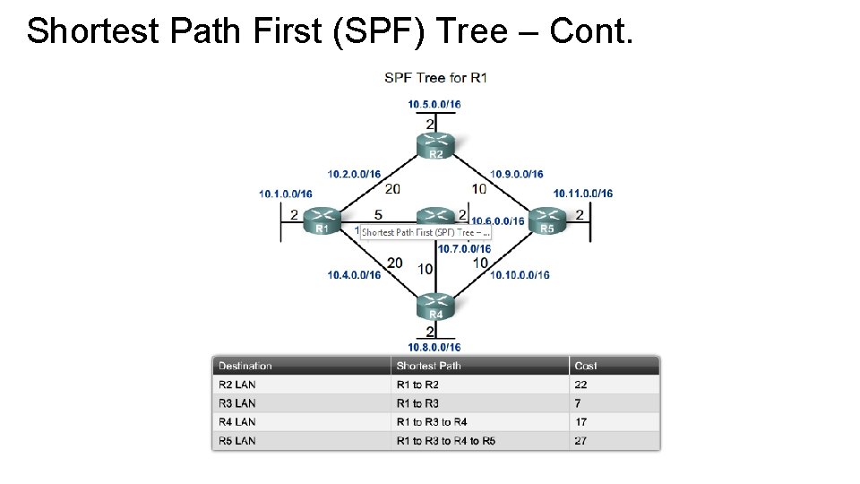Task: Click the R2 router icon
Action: click(435, 143)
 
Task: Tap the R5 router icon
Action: click(547, 220)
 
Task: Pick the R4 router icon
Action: click(435, 305)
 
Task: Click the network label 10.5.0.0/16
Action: click(434, 104)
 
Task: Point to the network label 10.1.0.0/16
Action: click(286, 194)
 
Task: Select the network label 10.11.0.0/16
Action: click(583, 194)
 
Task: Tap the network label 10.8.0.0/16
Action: click(434, 347)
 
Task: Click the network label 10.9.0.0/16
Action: click(517, 174)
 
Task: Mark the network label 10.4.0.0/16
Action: click(354, 275)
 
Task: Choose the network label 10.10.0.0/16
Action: click(520, 275)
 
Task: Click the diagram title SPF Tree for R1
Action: click(435, 78)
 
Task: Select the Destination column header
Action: click(245, 366)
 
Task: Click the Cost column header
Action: click(586, 366)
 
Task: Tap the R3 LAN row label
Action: click(237, 403)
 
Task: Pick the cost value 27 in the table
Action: click(581, 441)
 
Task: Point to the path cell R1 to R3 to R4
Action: click(432, 422)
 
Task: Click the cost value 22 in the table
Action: click(581, 385)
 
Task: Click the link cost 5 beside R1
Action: click(378, 215)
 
